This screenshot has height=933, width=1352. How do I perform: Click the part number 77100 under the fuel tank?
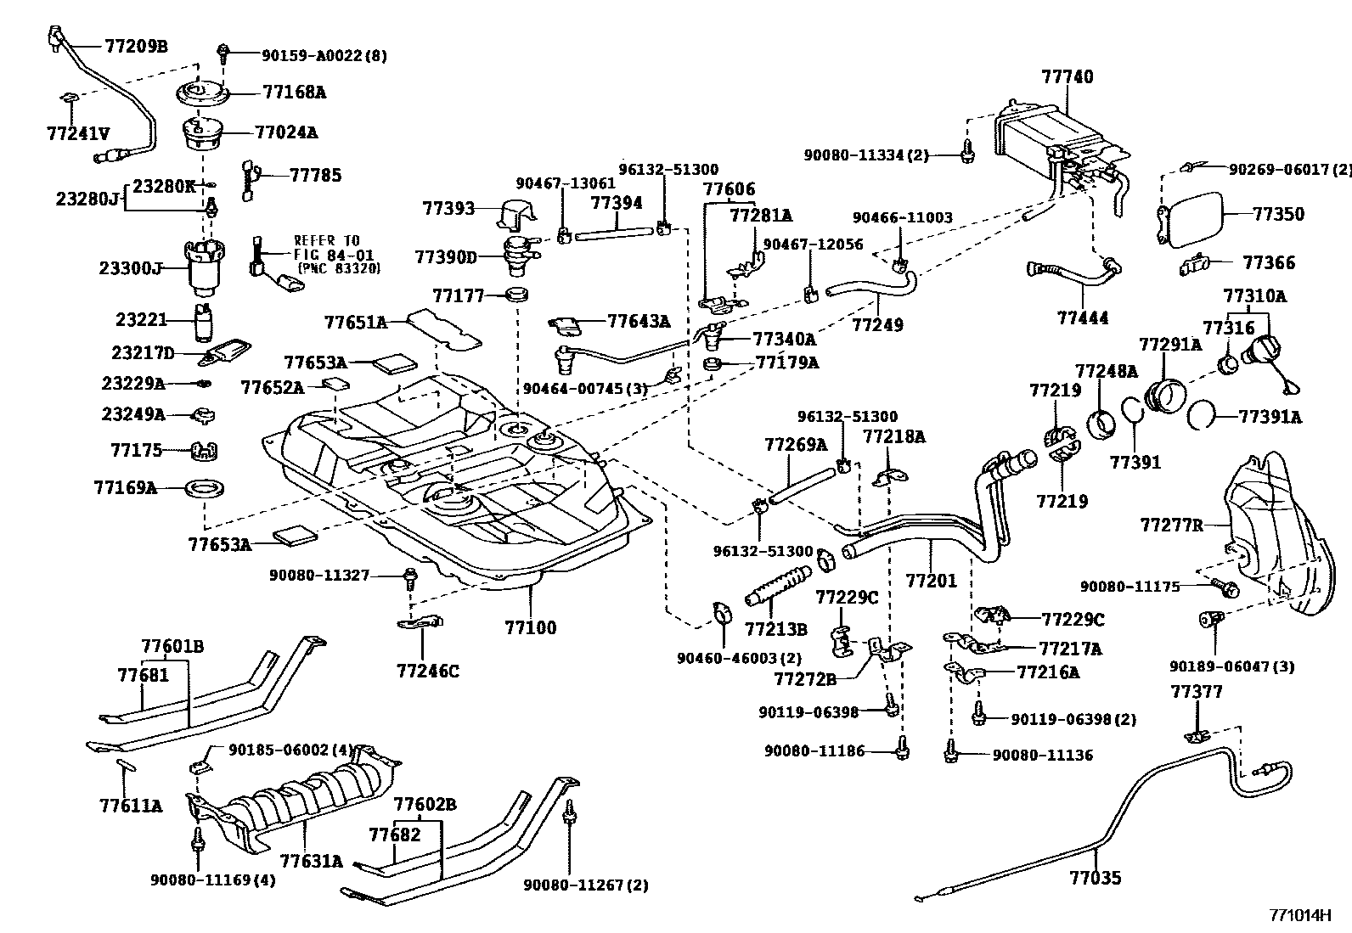(530, 628)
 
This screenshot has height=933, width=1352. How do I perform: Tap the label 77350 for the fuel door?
(1278, 214)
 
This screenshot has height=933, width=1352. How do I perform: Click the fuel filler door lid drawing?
(1193, 218)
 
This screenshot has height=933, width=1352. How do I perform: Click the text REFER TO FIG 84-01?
(327, 247)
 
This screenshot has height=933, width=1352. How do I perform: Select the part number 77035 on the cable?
(1096, 878)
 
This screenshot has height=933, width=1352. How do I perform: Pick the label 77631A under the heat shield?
(311, 861)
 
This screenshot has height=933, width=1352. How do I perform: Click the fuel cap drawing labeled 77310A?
(1265, 351)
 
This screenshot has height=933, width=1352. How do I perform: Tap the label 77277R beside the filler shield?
(1172, 526)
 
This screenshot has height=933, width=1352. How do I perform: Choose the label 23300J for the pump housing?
(130, 268)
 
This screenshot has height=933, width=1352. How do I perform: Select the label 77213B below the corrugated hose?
(775, 629)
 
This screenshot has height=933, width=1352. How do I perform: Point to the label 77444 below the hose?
(1083, 318)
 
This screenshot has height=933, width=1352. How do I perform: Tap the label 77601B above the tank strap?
(172, 646)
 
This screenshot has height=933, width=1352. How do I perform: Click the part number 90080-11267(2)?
(585, 885)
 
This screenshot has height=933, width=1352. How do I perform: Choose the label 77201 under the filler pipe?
(931, 582)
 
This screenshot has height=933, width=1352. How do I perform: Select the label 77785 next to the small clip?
(315, 176)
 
